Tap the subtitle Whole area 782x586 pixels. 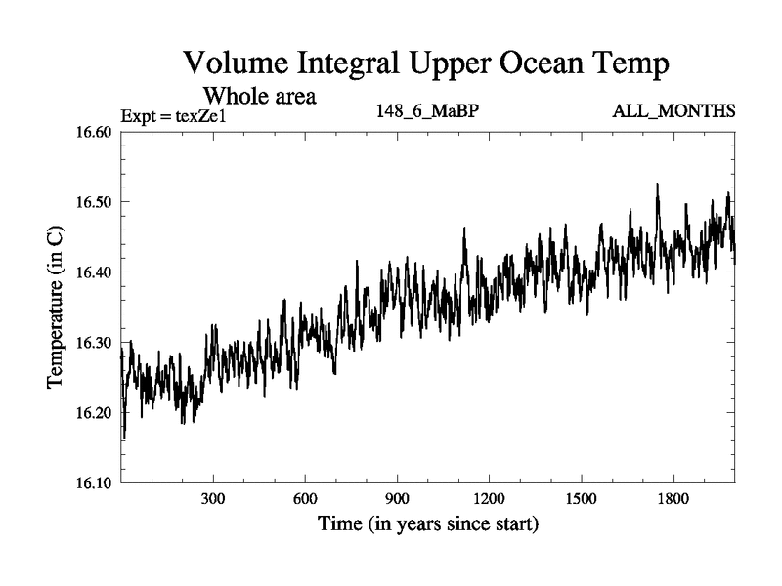pos(258,96)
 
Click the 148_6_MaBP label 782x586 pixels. pos(427,111)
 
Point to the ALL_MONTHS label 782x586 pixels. pos(673,111)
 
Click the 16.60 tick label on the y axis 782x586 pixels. pos(92,132)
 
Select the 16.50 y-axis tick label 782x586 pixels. pos(92,202)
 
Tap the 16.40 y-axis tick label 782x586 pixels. pos(92,272)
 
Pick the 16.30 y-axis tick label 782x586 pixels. pos(92,343)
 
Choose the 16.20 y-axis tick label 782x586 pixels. pos(92,412)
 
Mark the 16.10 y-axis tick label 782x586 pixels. pos(92,482)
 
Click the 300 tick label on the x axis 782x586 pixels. pos(213,499)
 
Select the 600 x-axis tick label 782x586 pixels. pos(305,499)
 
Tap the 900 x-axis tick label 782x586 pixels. pos(397,499)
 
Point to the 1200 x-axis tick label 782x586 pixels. pos(489,499)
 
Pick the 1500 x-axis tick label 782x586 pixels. pos(581,499)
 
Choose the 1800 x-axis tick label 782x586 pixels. pos(673,499)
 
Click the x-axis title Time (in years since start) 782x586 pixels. pos(428,524)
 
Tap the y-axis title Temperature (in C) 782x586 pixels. pos(56,309)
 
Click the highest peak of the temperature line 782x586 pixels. pos(657,184)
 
